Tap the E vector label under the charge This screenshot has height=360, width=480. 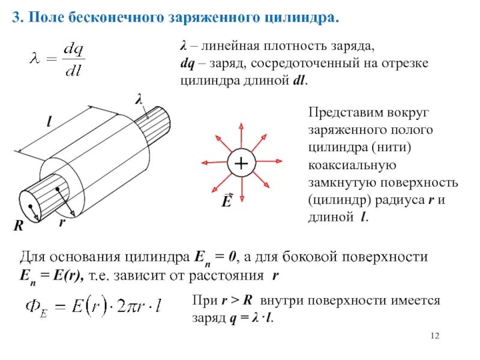[227, 200]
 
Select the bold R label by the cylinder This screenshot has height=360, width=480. [19, 226]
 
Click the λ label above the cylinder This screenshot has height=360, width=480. [139, 100]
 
